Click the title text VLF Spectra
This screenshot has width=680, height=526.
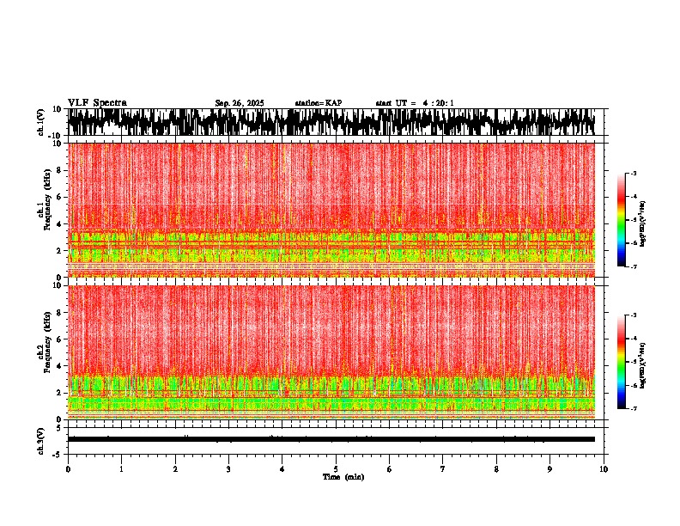(97, 102)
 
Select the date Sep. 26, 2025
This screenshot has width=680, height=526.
(240, 103)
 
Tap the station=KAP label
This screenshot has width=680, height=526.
(318, 103)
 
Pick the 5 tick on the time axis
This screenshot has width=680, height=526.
(336, 468)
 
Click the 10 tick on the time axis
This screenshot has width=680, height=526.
(604, 468)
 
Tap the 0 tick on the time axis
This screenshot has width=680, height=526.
(68, 468)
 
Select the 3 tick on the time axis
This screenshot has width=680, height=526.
(228, 468)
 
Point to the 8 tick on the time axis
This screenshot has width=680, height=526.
(496, 468)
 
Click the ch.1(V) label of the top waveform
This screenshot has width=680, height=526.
(41, 122)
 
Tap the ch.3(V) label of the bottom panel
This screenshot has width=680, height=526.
(41, 438)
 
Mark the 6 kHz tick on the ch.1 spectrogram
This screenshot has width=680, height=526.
(58, 197)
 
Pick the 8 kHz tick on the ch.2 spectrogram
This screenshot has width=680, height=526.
(58, 312)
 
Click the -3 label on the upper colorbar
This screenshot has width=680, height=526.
(634, 174)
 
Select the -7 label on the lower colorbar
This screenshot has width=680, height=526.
(634, 409)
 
